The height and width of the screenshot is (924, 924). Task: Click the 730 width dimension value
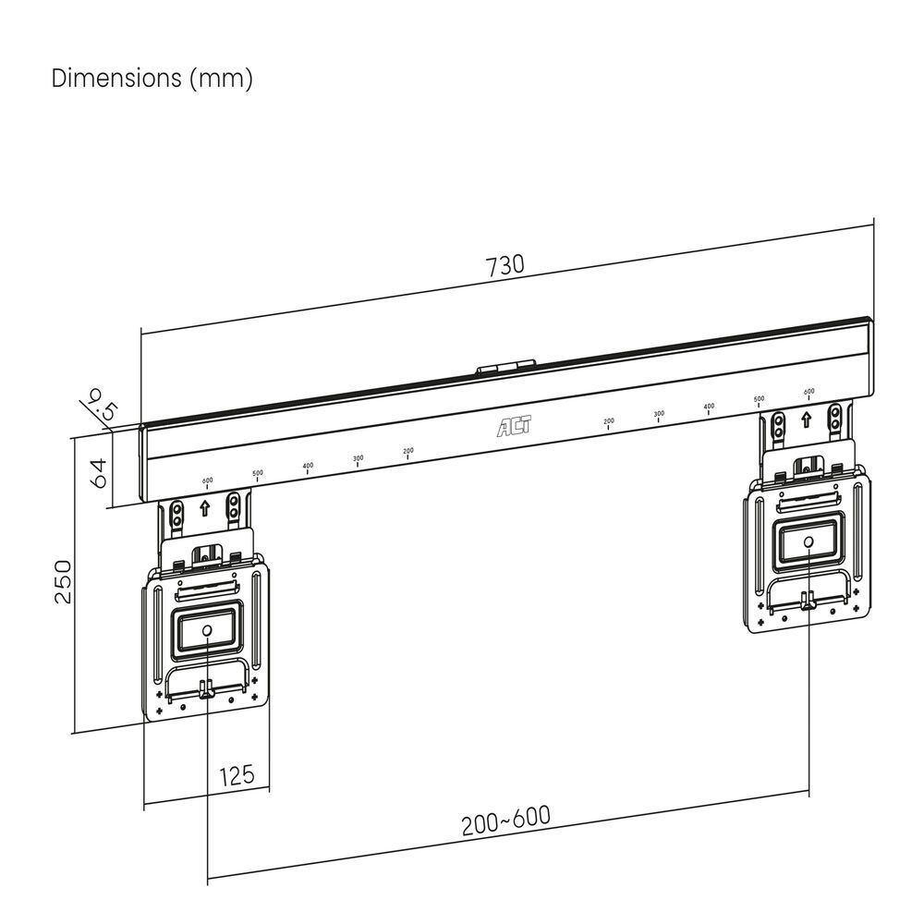point(505,265)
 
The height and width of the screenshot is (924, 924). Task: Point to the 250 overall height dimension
point(63,581)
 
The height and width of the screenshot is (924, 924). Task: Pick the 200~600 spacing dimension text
point(505,821)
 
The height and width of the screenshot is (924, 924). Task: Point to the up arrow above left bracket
point(203,508)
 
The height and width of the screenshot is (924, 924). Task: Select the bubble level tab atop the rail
point(505,367)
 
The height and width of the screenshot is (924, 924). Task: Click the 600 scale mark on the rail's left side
point(207,481)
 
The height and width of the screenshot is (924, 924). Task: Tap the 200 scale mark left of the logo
point(408,452)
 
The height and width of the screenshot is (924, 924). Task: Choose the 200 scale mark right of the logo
point(608,422)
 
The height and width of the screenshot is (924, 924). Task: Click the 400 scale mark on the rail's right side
point(709,407)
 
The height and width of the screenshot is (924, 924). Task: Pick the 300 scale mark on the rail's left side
point(358,459)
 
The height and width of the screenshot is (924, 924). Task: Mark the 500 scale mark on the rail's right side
point(759,400)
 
